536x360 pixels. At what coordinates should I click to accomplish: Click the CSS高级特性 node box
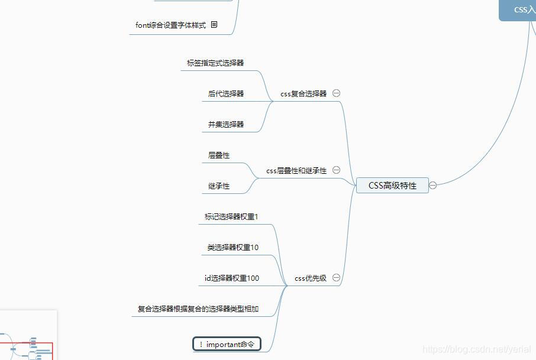pos(392,186)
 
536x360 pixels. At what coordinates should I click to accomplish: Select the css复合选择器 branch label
pos(303,93)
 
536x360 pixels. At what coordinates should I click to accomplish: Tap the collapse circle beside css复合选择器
pos(337,93)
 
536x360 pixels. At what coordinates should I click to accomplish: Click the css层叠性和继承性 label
pos(296,171)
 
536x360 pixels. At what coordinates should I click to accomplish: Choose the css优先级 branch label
pos(311,278)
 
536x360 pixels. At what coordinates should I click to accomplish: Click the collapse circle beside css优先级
pos(337,278)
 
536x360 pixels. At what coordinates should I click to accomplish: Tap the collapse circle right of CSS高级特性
pos(433,186)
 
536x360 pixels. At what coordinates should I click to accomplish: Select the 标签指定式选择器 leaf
pos(215,63)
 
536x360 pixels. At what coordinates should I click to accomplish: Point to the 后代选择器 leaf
pos(226,93)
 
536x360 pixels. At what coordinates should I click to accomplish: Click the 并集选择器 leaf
pos(226,124)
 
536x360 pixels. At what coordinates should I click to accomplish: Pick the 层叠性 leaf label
pos(219,155)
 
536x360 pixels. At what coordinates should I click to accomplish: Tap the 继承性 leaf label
pos(219,186)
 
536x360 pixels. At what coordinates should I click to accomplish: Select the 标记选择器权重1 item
pos(231,217)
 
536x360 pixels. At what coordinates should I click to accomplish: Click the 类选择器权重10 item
pos(233,248)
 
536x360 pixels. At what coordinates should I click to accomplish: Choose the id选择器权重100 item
pos(232,278)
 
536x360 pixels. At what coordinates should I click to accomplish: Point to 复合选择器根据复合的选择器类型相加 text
pos(198,309)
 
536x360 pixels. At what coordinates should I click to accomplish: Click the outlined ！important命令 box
pos(227,344)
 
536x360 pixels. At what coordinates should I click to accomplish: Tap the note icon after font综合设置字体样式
pos(214,25)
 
